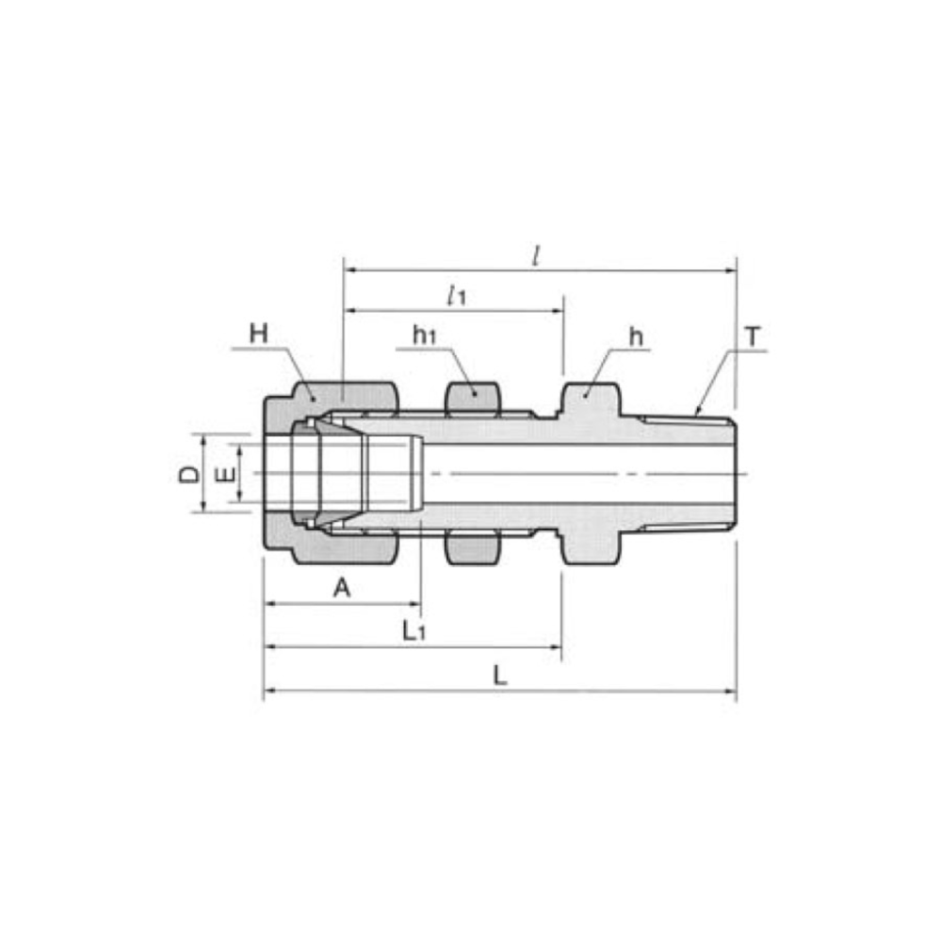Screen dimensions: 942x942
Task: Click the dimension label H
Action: click(259, 333)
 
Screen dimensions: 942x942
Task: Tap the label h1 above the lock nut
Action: click(424, 335)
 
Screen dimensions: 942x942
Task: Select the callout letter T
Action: click(752, 336)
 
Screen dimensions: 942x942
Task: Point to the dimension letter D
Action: click(190, 474)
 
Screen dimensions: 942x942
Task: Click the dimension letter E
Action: click(226, 475)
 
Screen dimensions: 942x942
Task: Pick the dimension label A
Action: click(342, 587)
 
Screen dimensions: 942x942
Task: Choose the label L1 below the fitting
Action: click(414, 631)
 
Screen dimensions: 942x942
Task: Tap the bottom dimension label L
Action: click(500, 675)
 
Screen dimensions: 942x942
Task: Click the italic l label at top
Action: click(537, 256)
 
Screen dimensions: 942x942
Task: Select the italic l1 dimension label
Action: click(456, 295)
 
